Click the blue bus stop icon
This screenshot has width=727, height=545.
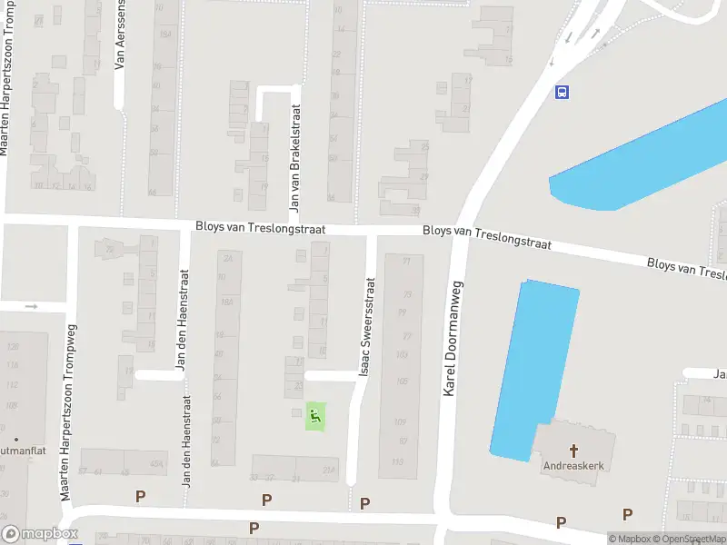pos(563,91)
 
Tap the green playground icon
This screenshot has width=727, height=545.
pos(314,417)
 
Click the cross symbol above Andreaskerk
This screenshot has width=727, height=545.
pos(573,450)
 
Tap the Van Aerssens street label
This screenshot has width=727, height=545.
pos(119,35)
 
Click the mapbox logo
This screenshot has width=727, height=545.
pos(39,534)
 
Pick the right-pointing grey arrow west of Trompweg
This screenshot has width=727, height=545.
pos(31,306)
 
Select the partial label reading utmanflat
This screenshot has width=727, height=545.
pos(17,450)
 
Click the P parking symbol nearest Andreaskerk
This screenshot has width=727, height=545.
pos(561,521)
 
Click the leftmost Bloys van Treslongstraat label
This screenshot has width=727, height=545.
pos(261,228)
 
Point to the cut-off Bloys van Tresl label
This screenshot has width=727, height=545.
pos(686,268)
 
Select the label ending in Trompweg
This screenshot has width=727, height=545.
pos(66,411)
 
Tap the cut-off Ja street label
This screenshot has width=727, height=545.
pos(719,374)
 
